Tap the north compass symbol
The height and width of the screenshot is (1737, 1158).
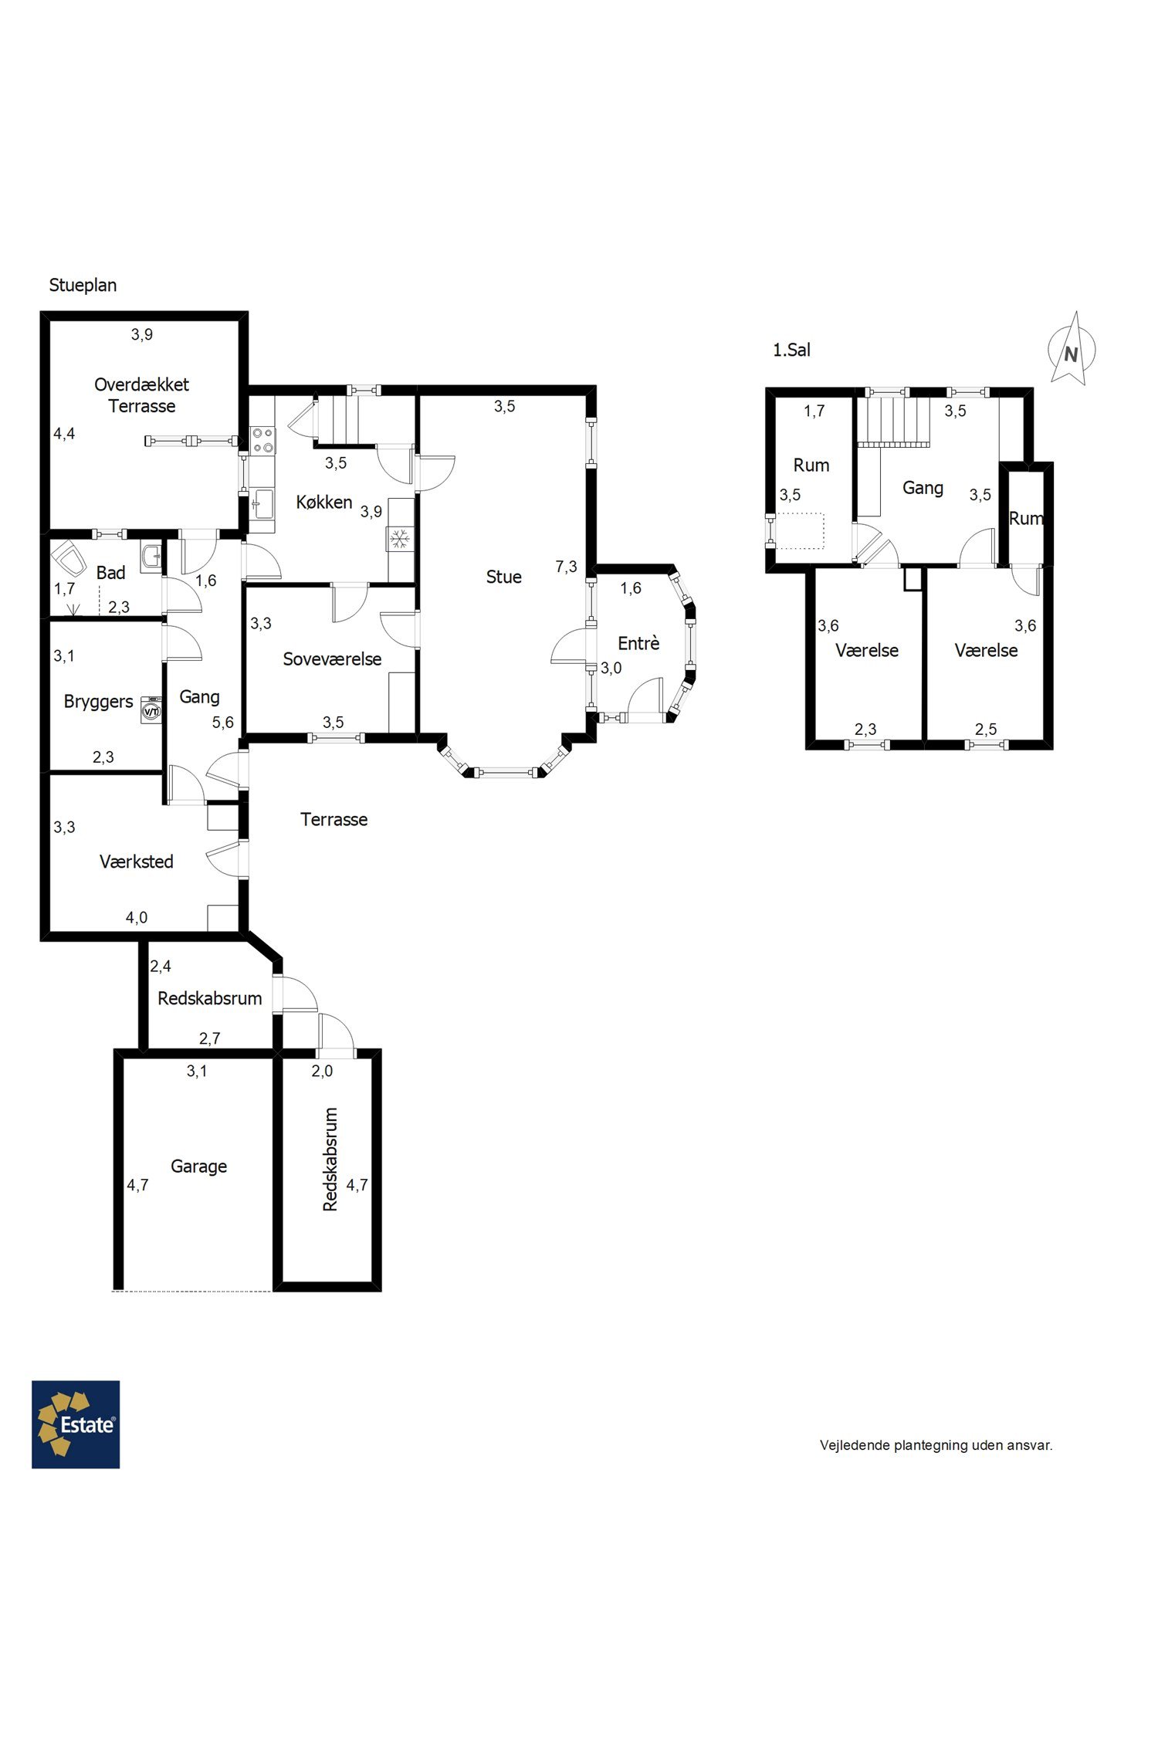coord(1072,350)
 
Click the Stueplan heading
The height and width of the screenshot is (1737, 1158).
coord(83,285)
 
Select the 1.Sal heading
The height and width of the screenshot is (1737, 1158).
coord(791,350)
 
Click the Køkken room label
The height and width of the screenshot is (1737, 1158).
coord(324,502)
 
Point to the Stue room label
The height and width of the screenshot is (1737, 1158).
coord(503,577)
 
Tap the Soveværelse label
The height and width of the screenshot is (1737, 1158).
coord(332,659)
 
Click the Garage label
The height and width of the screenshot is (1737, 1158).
coord(198,1166)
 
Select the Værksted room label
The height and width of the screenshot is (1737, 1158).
coord(136,862)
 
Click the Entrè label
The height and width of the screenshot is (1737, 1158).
coord(638,643)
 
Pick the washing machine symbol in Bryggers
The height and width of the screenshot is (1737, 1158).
coord(151,709)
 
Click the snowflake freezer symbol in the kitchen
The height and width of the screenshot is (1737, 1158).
coord(400,539)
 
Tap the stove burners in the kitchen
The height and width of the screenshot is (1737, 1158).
coord(262,440)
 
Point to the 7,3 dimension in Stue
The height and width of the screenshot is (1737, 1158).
coord(566,567)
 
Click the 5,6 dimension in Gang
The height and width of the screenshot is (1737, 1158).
coord(223,723)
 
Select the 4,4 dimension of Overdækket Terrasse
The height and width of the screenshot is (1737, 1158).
coord(64,434)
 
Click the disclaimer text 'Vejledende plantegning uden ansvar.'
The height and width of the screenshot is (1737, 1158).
coord(936,1445)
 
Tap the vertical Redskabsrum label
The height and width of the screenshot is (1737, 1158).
coord(330,1160)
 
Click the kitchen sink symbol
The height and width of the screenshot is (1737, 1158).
coord(262,504)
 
